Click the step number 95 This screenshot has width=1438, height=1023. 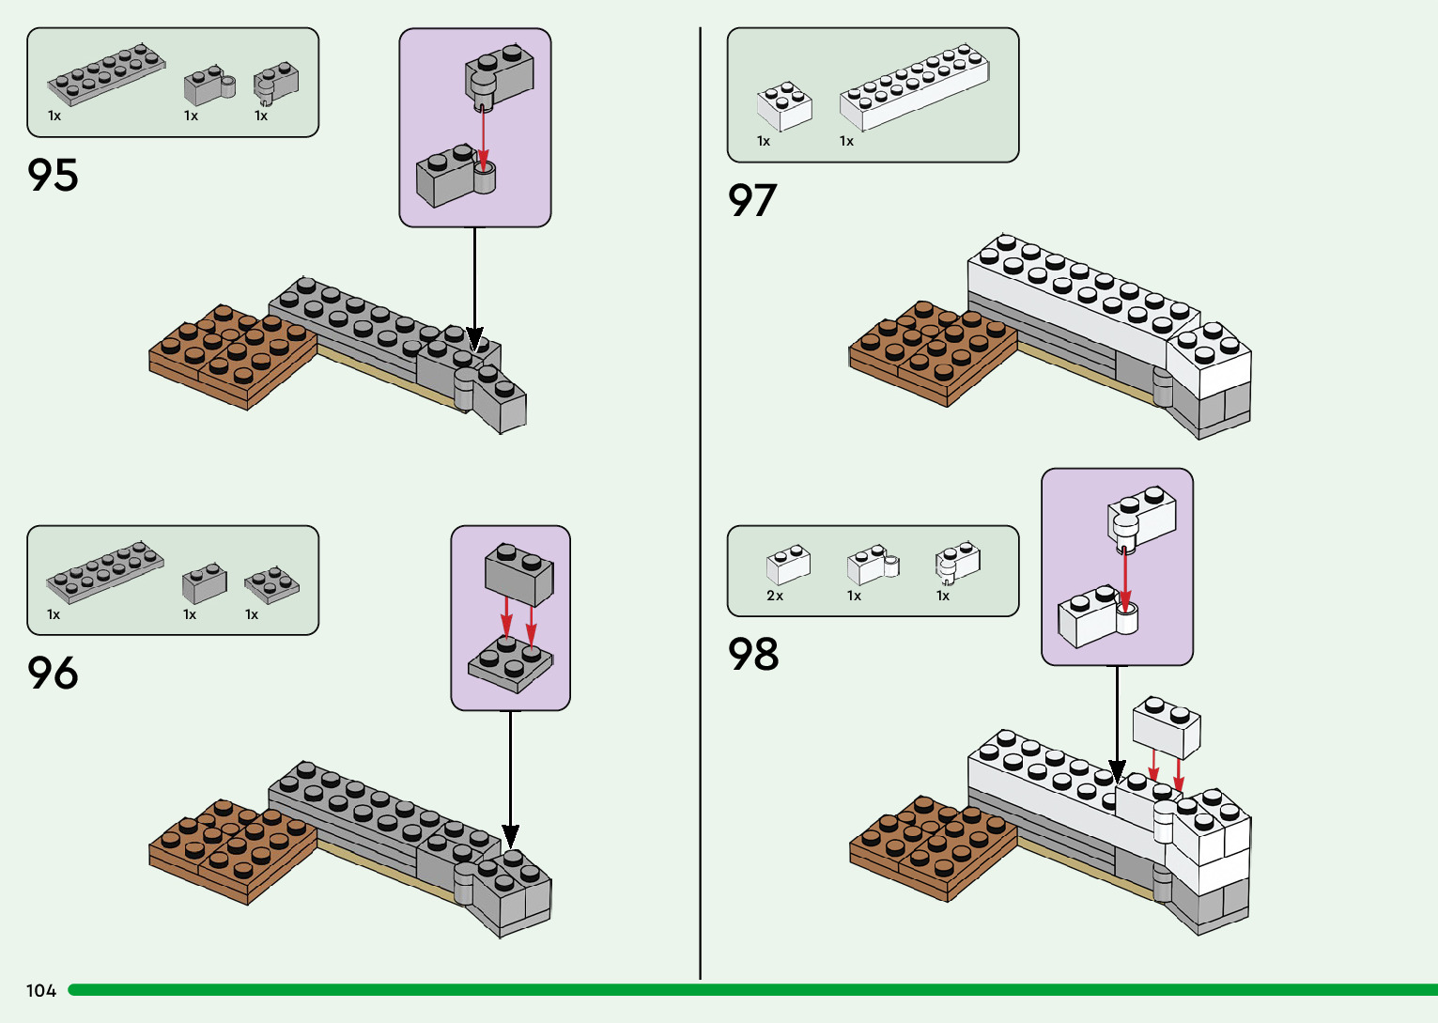(x=54, y=176)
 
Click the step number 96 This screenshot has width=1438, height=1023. (x=54, y=674)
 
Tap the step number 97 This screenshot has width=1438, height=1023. (x=752, y=200)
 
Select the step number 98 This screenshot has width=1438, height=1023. (x=753, y=654)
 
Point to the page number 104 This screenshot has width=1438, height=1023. (x=41, y=990)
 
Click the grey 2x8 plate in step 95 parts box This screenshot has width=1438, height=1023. (x=106, y=74)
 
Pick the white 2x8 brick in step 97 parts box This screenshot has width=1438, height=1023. (x=914, y=86)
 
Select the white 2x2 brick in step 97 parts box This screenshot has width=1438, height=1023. (x=784, y=105)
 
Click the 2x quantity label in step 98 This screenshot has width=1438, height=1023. (x=775, y=596)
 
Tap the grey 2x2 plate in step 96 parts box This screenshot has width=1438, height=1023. (x=272, y=584)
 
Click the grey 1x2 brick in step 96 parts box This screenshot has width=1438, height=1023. (x=204, y=583)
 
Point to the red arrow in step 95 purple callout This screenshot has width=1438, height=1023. (x=483, y=136)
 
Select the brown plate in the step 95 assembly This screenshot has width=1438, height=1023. (x=233, y=355)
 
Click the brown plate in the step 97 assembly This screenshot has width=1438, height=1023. (x=933, y=352)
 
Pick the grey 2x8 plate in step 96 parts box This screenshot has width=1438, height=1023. (x=105, y=571)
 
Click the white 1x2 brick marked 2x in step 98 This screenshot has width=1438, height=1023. (x=788, y=565)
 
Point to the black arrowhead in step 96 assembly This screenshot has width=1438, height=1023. (x=510, y=835)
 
